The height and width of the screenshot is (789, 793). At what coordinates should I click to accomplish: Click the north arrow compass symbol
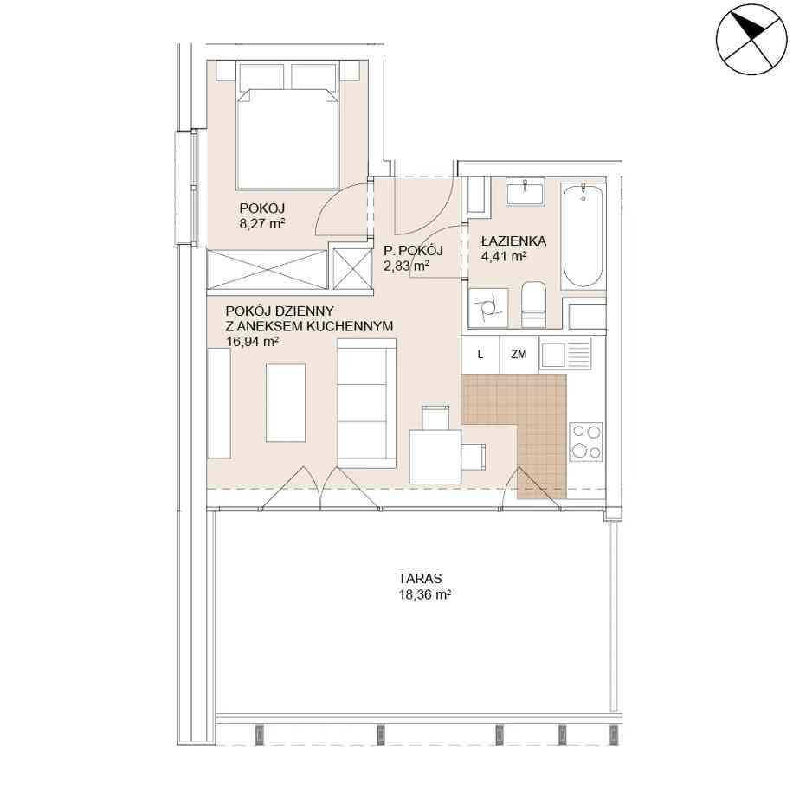[x=752, y=40]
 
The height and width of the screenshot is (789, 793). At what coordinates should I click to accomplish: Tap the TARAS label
[x=420, y=578]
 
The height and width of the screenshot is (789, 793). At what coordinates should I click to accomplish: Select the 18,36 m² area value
[x=425, y=594]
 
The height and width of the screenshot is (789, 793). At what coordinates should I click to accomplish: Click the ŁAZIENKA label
[x=514, y=241]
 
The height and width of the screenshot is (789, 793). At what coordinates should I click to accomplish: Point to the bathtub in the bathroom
[x=583, y=235]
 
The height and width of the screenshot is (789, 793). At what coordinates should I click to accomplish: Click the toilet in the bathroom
[x=533, y=304]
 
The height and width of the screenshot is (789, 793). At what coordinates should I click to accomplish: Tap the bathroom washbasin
[x=525, y=191]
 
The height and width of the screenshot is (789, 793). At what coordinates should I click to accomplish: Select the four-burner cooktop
[x=586, y=442]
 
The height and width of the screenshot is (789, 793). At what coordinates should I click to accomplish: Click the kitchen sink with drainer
[x=565, y=352]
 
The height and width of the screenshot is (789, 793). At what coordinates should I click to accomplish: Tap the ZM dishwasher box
[x=519, y=355]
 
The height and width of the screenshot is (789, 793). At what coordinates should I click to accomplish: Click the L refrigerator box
[x=480, y=355]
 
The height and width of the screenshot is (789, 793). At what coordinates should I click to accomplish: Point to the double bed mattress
[x=287, y=139]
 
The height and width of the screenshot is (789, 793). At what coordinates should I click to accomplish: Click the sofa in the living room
[x=367, y=403]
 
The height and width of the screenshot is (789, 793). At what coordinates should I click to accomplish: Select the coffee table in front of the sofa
[x=286, y=403]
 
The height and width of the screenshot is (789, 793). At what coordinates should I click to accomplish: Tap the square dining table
[x=435, y=457]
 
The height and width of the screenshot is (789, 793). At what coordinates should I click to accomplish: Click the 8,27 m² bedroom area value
[x=262, y=223]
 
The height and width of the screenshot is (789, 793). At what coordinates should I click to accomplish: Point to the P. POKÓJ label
[x=413, y=250]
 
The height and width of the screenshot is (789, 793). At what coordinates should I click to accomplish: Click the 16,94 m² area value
[x=253, y=341]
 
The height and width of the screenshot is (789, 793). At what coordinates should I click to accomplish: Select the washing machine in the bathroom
[x=488, y=308]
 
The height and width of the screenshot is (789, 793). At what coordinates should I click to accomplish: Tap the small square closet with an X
[x=352, y=269]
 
